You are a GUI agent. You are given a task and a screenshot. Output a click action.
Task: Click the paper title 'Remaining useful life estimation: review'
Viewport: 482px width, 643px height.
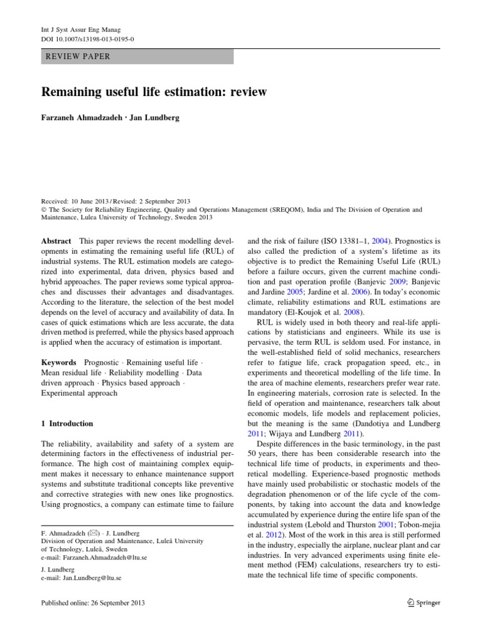point(154,92)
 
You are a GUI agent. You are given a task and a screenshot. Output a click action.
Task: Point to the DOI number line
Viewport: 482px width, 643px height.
point(87,39)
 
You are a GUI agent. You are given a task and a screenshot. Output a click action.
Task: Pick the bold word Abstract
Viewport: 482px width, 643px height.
point(56,240)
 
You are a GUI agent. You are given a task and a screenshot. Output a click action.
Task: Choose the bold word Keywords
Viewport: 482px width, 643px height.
point(59,363)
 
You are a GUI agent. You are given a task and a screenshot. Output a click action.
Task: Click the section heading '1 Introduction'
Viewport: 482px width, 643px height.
point(67,423)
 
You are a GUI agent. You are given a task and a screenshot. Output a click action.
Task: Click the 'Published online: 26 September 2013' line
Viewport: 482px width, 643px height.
point(93,603)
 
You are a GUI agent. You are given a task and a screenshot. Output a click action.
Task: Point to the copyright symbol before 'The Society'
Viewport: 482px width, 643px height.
point(44,209)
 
